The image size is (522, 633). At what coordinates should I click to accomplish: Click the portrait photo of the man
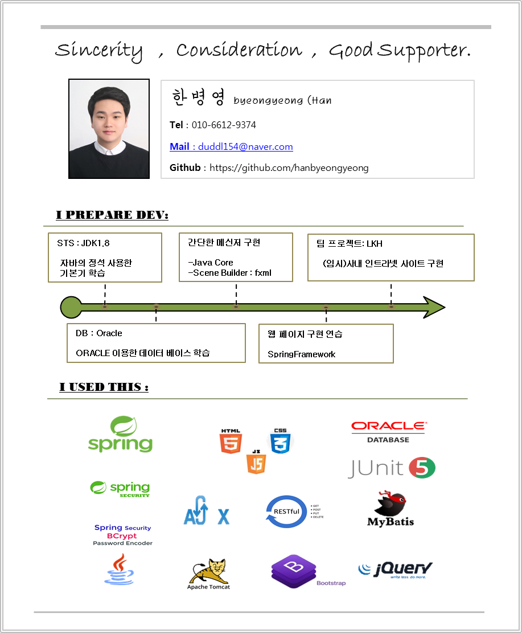pos(109,129)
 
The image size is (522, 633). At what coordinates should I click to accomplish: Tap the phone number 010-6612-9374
pos(224,125)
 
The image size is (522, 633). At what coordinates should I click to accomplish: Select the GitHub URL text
pos(289,168)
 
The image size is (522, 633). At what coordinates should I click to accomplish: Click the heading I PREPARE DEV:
pos(112,215)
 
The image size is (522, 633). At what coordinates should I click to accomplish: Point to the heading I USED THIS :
pos(104,387)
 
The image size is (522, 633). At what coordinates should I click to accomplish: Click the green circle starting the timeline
pos(71,307)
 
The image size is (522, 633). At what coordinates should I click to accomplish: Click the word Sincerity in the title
pos(98,51)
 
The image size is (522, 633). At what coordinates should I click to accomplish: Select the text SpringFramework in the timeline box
pos(301,354)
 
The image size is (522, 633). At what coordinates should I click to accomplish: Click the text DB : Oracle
pos(98,333)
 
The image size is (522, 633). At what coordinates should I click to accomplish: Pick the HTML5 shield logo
pos(231,441)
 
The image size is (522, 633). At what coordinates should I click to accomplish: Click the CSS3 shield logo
pos(281,440)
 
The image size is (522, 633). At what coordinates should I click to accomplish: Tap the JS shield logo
pos(256,462)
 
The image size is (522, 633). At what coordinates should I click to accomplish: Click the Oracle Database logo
pos(388,432)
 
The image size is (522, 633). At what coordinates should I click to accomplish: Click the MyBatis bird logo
pos(391,508)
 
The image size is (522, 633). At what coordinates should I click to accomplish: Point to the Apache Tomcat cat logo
pos(209,573)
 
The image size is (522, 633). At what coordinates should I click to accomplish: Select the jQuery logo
pos(395,569)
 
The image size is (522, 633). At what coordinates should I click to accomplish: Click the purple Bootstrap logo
pos(294,570)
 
